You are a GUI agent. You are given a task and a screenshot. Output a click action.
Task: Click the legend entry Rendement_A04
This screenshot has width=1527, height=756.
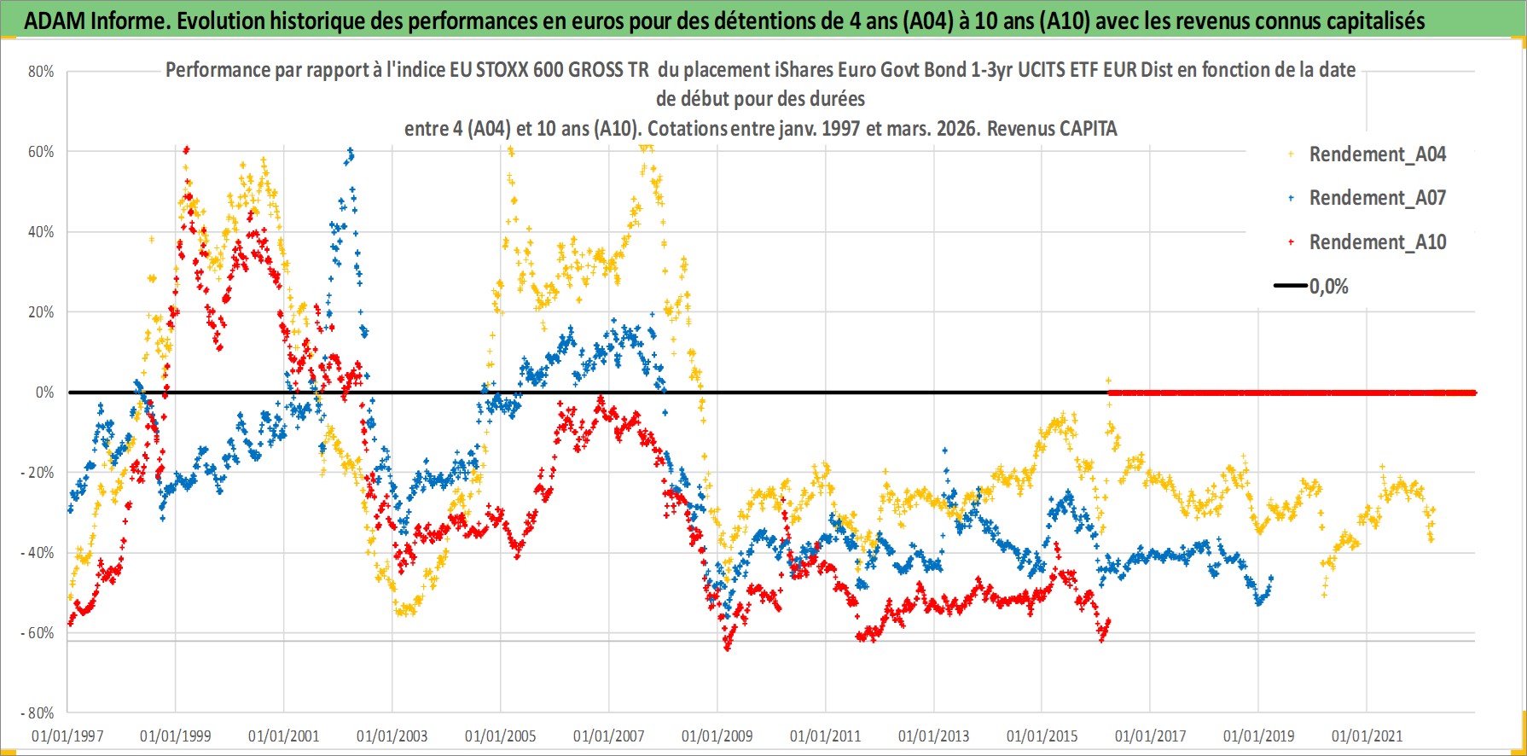[x=1377, y=154]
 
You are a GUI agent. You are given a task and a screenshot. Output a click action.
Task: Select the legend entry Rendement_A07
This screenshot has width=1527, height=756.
[x=1377, y=198]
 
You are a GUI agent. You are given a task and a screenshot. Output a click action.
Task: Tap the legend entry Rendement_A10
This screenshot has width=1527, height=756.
[x=1377, y=242]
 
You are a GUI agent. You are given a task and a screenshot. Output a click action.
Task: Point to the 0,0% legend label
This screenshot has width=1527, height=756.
[x=1328, y=287]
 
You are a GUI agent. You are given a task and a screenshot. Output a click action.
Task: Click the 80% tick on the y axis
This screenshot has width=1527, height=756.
[x=41, y=72]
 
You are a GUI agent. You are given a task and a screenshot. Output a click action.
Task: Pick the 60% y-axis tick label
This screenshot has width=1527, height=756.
[x=41, y=152]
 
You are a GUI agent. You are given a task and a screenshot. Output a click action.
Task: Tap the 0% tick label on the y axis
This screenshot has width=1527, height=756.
[x=44, y=393]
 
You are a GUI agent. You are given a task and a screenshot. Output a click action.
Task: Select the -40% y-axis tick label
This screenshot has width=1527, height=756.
[x=38, y=553]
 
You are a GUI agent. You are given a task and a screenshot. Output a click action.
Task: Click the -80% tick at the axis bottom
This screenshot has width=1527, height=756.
[x=38, y=713]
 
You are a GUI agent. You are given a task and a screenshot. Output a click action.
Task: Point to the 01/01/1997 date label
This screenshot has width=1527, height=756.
[x=67, y=736]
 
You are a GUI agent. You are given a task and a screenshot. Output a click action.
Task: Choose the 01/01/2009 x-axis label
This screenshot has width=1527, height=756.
[x=717, y=736]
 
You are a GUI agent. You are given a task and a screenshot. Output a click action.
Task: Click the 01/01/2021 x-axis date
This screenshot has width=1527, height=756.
[x=1367, y=736]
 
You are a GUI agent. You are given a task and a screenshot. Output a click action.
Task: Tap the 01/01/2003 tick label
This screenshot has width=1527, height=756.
[x=392, y=736]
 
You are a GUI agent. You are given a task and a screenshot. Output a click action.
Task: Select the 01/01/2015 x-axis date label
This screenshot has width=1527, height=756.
[x=1042, y=736]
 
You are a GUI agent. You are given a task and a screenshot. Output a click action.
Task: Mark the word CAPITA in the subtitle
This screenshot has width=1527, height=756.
[x=1088, y=129]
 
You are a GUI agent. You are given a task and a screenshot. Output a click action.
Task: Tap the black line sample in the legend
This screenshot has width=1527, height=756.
[x=1290, y=286]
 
